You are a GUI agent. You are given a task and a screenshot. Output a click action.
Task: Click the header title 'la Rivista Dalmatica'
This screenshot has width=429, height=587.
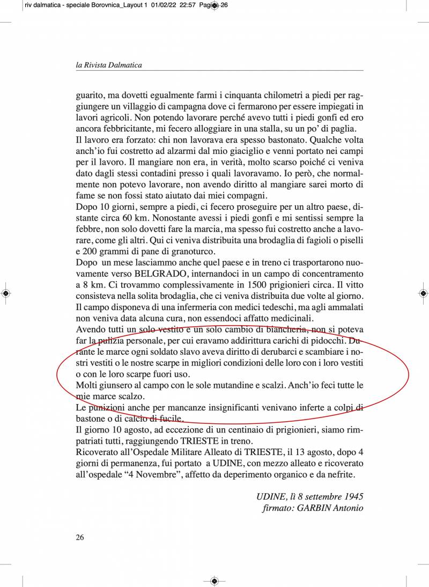(x=109, y=65)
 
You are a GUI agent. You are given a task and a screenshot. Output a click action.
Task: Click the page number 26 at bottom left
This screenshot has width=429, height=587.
(x=80, y=537)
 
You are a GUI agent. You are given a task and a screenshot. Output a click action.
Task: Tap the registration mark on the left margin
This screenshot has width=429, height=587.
(x=5, y=293)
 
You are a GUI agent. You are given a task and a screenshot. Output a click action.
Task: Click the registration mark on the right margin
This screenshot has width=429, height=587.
(x=423, y=293)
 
